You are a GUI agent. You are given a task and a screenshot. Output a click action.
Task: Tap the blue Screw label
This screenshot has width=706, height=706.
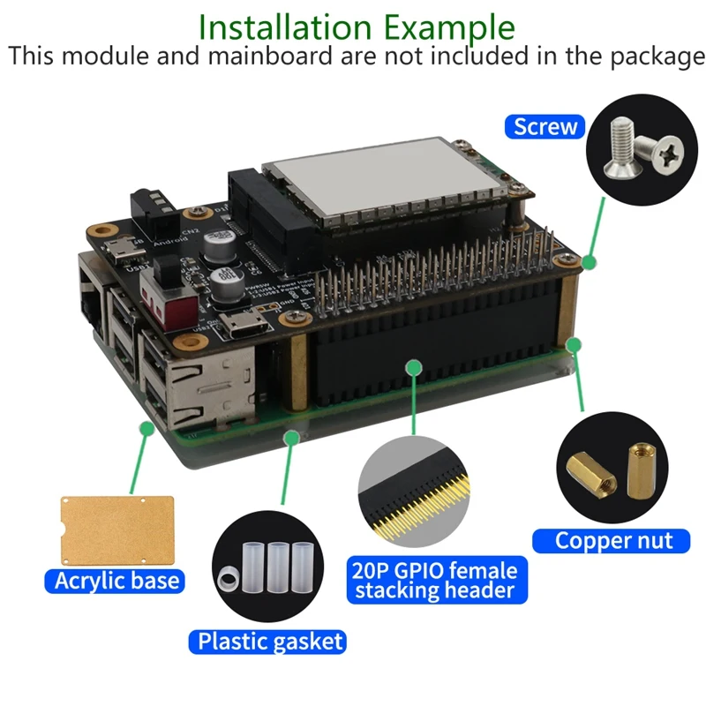point(545,126)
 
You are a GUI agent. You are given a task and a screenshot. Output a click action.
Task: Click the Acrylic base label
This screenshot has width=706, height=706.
point(116,580)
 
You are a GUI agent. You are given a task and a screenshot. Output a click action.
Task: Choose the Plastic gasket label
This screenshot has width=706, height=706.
point(270,641)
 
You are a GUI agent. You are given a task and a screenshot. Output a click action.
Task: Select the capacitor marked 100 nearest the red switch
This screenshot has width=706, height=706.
point(222,288)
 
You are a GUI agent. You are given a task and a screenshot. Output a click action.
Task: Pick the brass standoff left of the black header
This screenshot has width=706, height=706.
point(298,379)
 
